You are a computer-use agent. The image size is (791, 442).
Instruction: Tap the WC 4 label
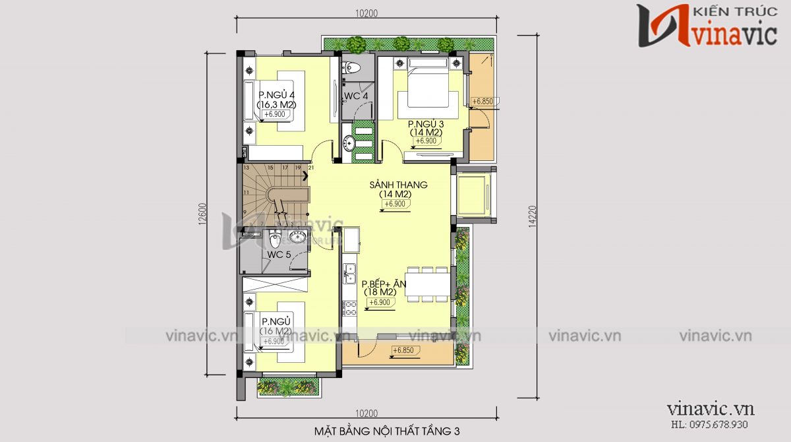[356, 97]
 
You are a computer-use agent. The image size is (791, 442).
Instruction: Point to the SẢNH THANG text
[398, 185]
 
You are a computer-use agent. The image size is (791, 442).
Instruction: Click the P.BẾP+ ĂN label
[384, 284]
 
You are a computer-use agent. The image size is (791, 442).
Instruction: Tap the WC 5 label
[279, 255]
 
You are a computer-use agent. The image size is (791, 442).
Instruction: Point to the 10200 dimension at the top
[365, 13]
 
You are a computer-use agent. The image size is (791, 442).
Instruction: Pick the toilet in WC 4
[353, 67]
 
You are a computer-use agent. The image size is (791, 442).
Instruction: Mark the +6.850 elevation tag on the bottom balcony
[403, 350]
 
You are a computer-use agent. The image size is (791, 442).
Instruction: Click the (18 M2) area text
[379, 292]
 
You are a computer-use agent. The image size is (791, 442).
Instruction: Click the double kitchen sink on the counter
[349, 270]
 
